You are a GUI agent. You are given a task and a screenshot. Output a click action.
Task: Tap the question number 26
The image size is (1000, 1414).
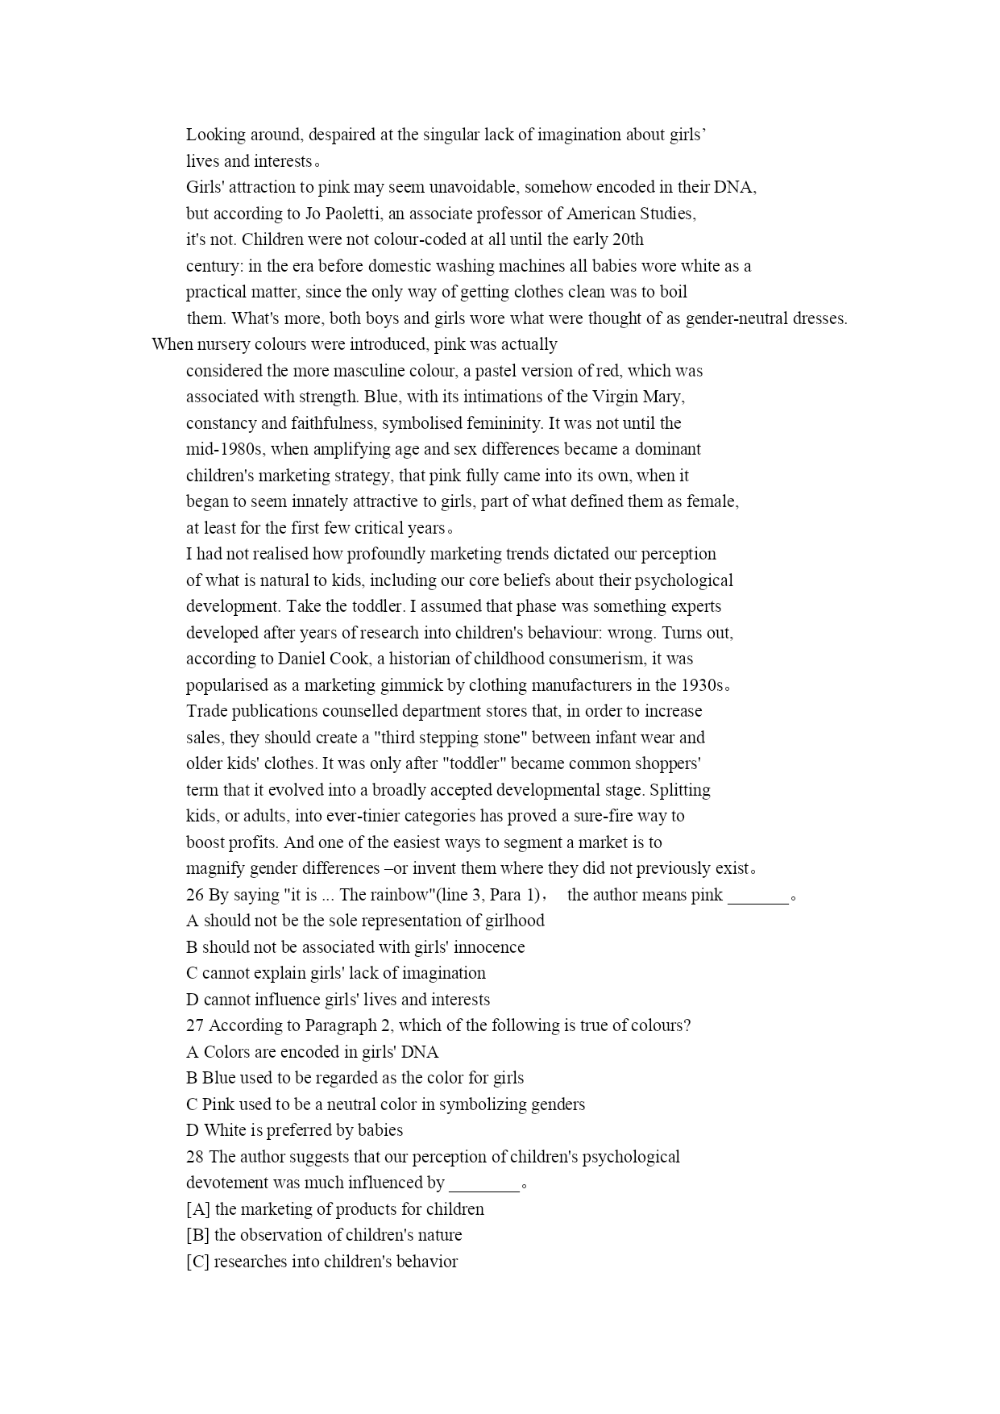[195, 895]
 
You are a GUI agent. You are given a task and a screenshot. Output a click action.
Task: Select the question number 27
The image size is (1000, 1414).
[195, 1025]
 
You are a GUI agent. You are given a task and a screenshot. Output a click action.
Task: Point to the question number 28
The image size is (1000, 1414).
[195, 1157]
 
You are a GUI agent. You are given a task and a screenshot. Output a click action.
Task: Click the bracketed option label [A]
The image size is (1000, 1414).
[198, 1209]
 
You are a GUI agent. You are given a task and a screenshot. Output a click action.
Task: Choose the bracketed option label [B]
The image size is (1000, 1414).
[198, 1235]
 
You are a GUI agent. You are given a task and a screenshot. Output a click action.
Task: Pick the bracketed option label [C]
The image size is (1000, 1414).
[198, 1262]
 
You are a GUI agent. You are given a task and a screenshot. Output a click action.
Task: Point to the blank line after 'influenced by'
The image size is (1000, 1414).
[483, 1184]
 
